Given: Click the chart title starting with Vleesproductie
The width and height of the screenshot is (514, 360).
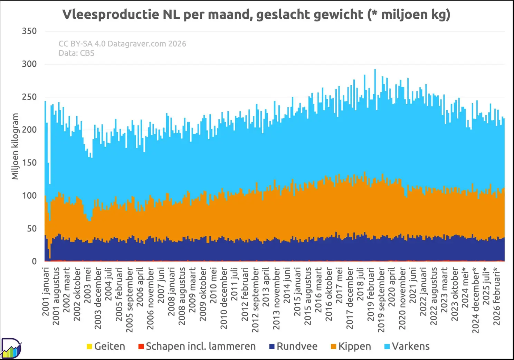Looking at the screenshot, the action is coord(256,15).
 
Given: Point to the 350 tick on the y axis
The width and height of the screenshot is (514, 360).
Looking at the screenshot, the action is coord(29,31).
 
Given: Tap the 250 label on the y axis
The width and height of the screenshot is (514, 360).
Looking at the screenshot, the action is coord(29,97).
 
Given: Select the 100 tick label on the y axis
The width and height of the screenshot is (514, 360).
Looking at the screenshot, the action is coord(29,196).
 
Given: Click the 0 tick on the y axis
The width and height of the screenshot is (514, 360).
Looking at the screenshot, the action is coord(34,261).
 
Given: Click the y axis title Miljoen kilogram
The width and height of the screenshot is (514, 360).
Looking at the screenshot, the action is coord(15,146).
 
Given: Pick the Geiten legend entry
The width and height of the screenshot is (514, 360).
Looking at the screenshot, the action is coord(106,346).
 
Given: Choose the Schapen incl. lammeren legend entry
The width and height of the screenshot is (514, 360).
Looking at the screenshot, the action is coord(197,346).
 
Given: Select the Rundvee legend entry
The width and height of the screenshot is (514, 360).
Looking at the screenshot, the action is coord(293,346).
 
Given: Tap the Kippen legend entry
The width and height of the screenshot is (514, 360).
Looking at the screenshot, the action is coord(351,346).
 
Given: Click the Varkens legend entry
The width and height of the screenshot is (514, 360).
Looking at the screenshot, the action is coord(407,346).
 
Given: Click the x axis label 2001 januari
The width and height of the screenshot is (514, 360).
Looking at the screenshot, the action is coord(46,291).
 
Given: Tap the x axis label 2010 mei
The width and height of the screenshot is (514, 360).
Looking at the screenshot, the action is coord(213,285).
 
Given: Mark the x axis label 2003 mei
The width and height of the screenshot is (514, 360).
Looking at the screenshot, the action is coord(88,285).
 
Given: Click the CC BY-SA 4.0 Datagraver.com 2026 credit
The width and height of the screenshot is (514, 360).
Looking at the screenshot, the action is coord(122,44).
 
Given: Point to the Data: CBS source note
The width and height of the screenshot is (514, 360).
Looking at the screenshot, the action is coord(76,53).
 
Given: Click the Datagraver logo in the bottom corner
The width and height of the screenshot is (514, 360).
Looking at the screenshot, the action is coord(11,348).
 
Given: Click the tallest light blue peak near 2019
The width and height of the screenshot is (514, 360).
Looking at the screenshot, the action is coord(375,69).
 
